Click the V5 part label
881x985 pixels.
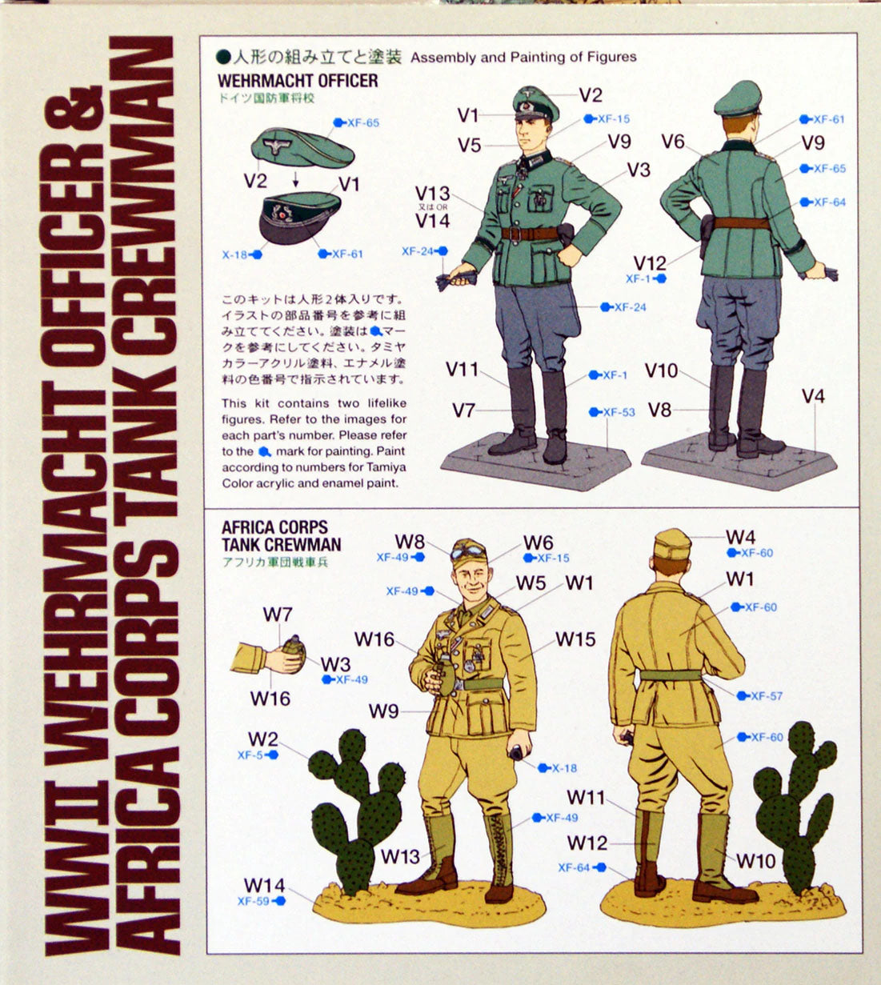[x=469, y=145]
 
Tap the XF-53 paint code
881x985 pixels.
[x=619, y=412]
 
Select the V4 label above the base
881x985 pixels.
[x=814, y=396]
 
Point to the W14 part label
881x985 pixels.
[x=265, y=885]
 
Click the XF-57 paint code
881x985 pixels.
[x=767, y=696]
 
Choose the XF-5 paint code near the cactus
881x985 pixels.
[x=250, y=755]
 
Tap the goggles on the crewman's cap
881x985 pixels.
[x=468, y=551]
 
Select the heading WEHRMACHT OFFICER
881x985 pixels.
[x=298, y=81]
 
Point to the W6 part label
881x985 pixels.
[x=539, y=543]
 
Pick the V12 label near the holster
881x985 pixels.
[x=650, y=263]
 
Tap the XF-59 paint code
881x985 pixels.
[x=254, y=901]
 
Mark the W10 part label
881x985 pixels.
[x=755, y=861]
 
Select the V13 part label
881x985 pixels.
[x=432, y=194]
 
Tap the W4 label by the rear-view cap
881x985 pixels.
[x=740, y=537]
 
